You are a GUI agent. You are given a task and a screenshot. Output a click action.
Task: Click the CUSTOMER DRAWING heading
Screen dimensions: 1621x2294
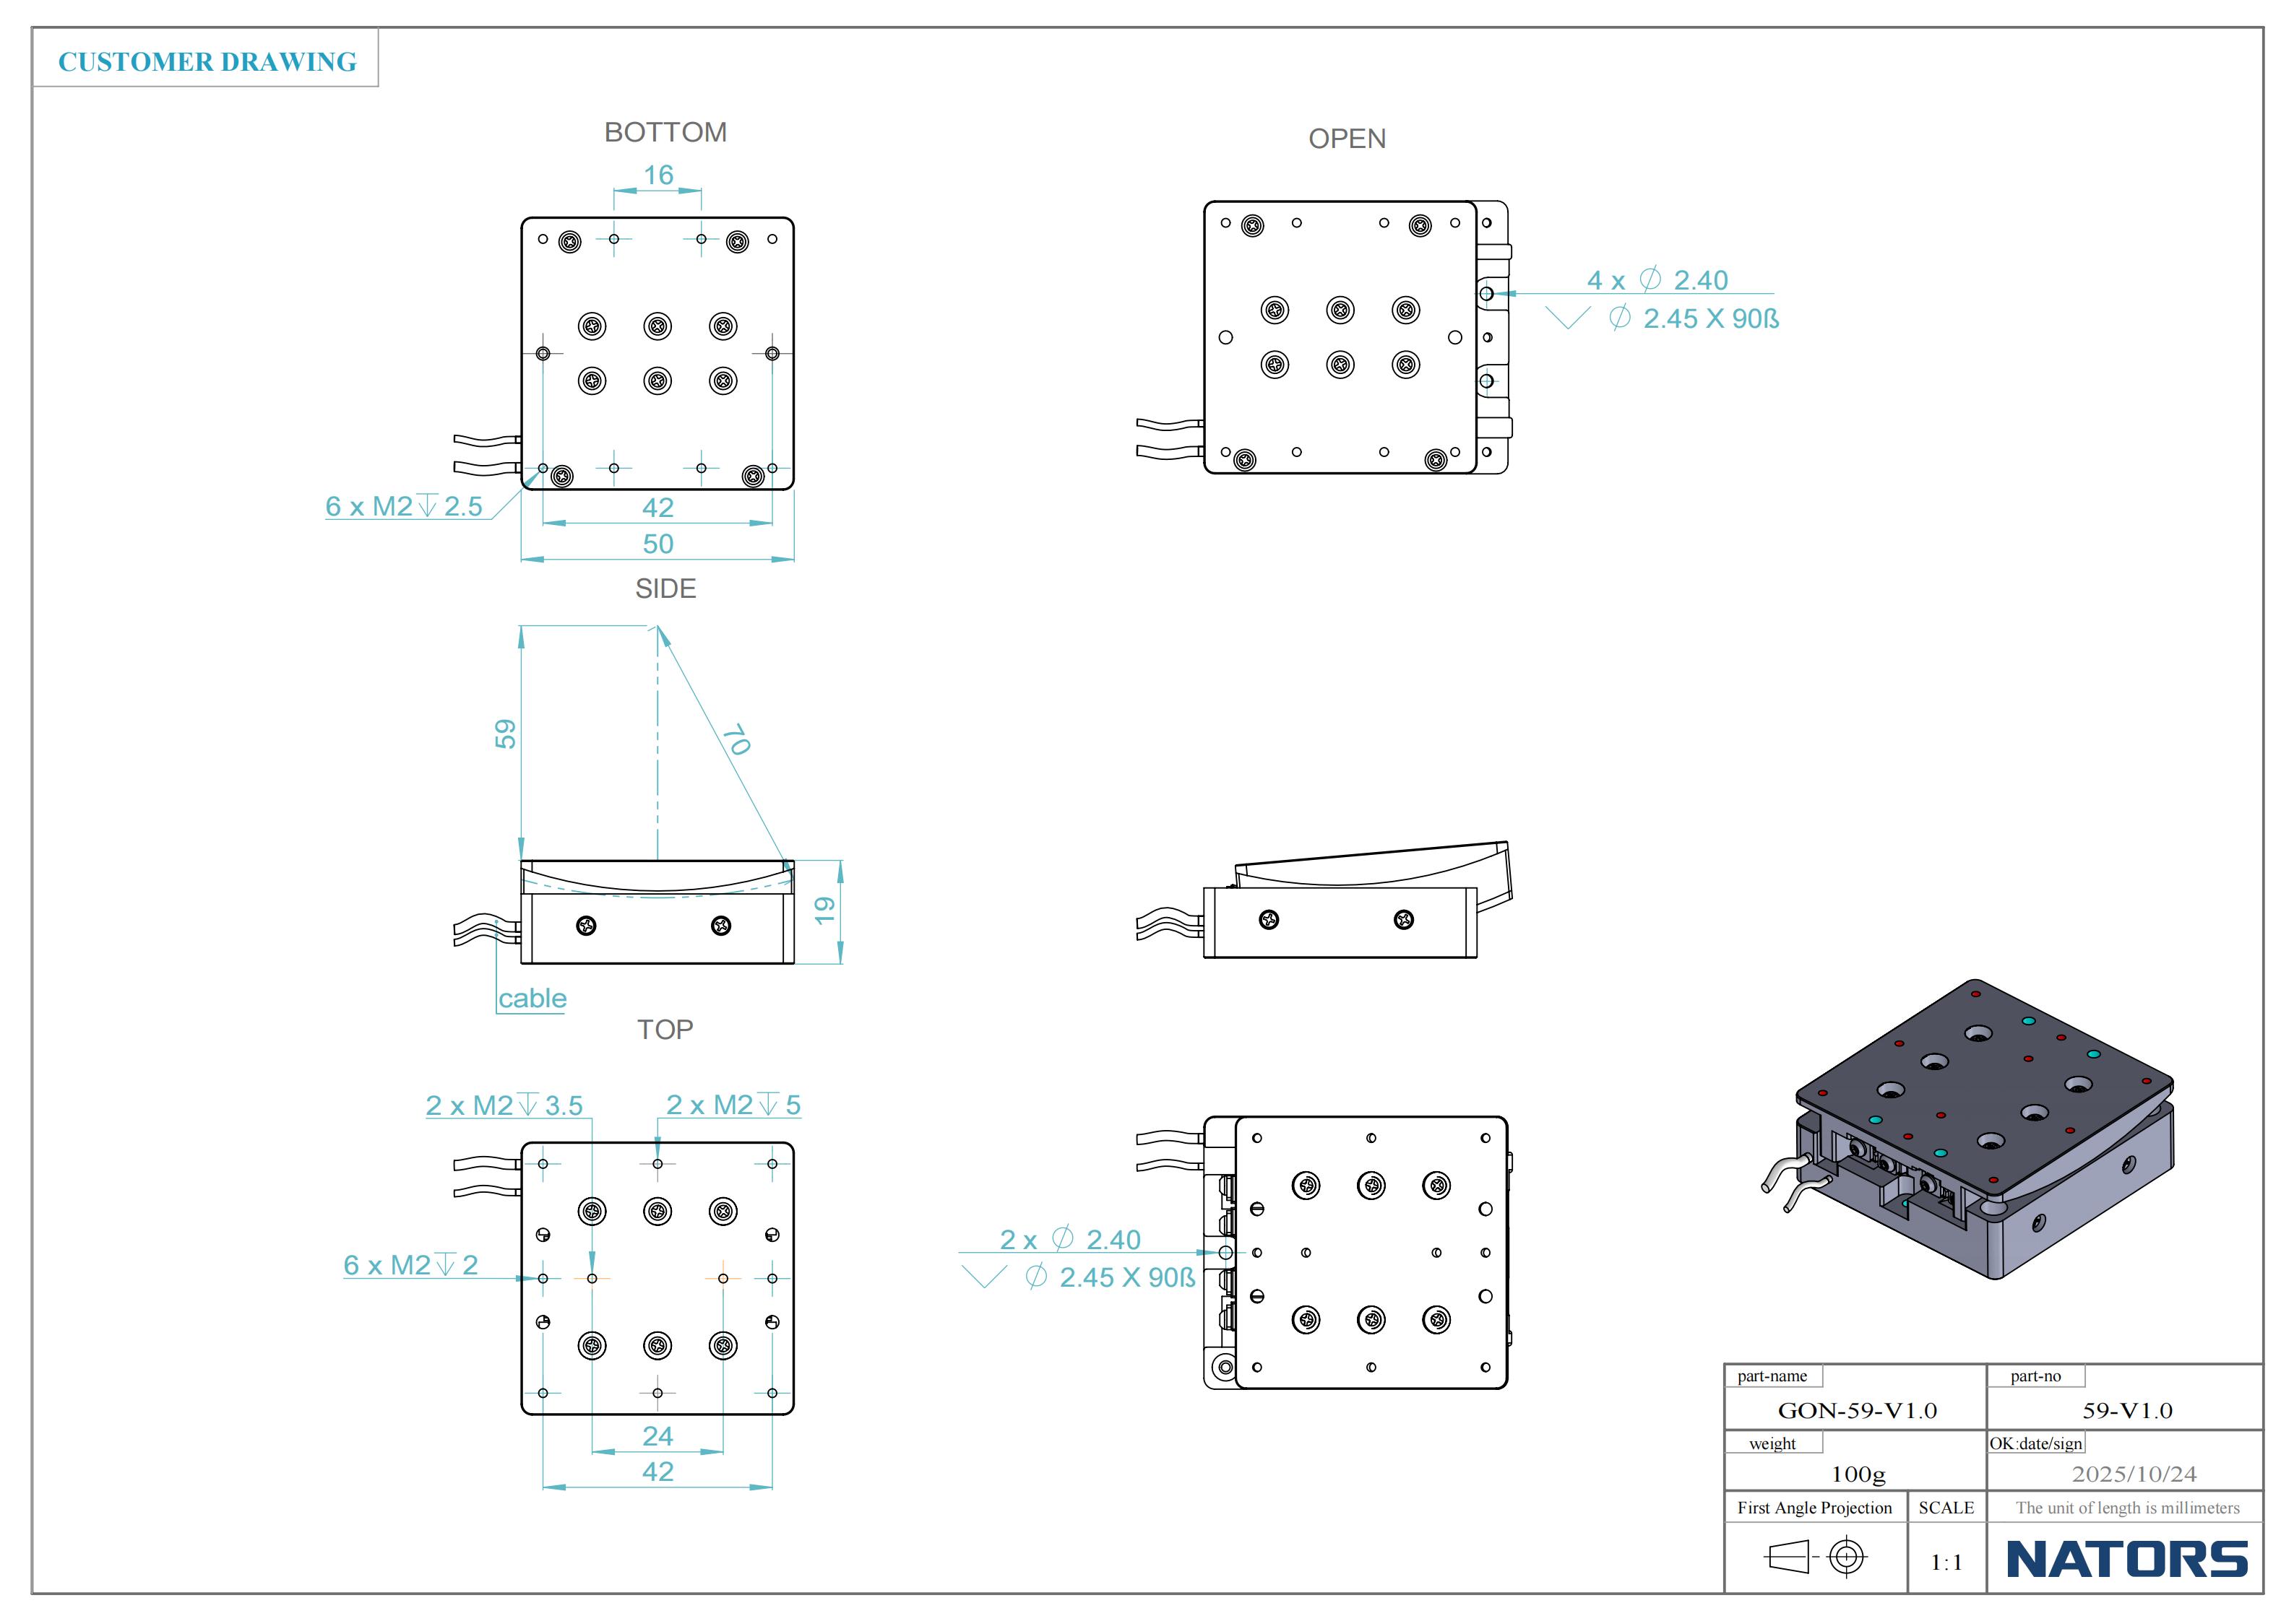click(207, 62)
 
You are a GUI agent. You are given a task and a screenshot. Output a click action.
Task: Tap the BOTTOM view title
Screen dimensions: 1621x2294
click(665, 132)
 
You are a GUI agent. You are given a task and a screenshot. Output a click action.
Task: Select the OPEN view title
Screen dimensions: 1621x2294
click(1347, 139)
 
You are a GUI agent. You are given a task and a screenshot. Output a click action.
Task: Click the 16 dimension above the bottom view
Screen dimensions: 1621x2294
click(657, 175)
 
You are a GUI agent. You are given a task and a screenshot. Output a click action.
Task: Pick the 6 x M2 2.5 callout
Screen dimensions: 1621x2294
click(404, 506)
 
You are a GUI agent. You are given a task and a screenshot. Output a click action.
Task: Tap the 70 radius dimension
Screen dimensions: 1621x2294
click(736, 739)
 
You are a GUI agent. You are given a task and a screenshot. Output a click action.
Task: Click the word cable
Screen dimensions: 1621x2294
click(532, 998)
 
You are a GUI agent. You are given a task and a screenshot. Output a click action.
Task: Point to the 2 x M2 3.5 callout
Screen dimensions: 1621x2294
click(504, 1105)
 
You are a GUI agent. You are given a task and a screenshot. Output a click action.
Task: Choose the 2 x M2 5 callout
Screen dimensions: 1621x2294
click(733, 1105)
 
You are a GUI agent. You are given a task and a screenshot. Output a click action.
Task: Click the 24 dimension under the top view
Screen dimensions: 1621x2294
click(657, 1435)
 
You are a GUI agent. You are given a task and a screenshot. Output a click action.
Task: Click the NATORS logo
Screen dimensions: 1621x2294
click(2126, 1559)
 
